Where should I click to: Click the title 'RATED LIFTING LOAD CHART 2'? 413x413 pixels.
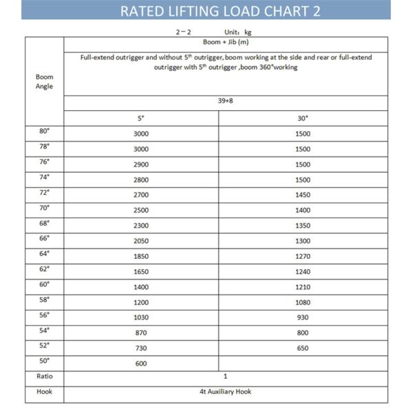220,11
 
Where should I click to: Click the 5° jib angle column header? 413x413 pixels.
141,118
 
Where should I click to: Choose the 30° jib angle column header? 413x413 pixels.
303,118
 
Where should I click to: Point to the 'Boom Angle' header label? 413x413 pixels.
44,82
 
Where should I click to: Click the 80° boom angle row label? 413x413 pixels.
44,131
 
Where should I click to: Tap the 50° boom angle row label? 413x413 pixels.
44,360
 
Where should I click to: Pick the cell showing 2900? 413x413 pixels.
141,165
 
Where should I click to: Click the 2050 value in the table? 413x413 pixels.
141,241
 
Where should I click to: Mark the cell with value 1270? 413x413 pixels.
303,256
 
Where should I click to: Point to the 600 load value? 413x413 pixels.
141,363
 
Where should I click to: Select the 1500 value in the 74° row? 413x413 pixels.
303,180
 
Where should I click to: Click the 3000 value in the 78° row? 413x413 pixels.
141,149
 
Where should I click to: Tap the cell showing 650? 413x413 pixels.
303,348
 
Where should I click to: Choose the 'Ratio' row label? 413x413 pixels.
44,377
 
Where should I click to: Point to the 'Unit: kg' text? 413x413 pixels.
238,32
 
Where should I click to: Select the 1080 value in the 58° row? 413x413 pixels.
303,302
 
